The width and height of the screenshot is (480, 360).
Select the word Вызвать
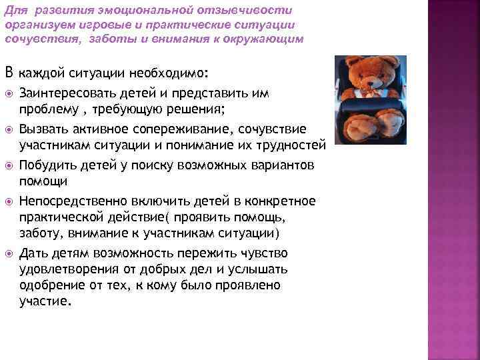pyautogui.click(x=43, y=128)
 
